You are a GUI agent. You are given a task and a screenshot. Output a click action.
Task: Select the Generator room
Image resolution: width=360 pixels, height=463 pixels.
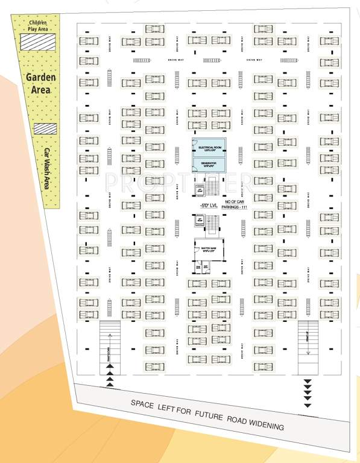point(208,163)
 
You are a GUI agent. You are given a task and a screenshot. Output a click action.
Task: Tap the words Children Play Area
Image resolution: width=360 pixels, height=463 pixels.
point(37,26)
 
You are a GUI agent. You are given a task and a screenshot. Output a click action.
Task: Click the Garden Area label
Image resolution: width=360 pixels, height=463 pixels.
point(40,84)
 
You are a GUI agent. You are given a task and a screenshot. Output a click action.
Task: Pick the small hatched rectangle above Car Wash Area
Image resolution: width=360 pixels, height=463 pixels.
point(45,129)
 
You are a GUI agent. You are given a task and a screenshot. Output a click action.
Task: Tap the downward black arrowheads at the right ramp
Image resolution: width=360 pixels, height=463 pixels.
point(308,392)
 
